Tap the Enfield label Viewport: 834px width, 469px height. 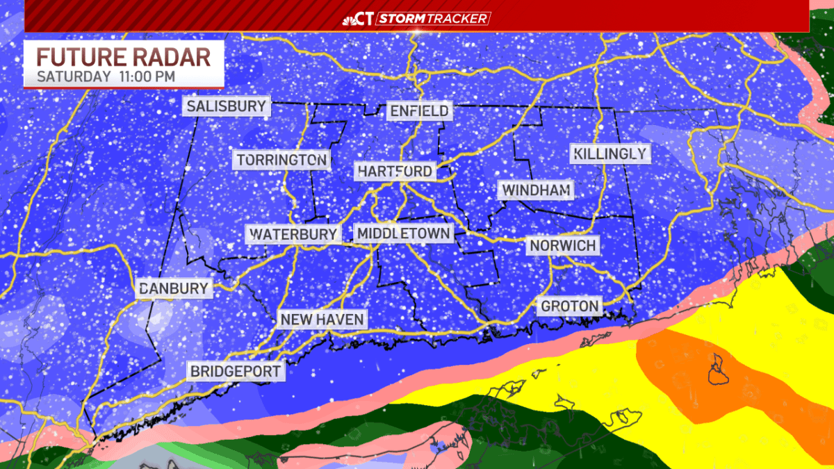[x=419, y=111]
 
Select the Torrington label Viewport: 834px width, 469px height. [x=281, y=161]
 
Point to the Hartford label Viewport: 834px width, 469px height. [x=395, y=171]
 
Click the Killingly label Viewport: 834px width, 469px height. [x=611, y=154]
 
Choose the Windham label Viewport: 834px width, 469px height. [x=537, y=190]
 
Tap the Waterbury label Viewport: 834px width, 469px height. [x=293, y=234]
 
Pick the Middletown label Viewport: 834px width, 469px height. [x=403, y=233]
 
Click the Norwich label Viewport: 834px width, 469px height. [x=563, y=245]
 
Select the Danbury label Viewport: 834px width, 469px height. [x=173, y=288]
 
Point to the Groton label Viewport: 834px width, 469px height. [x=570, y=306]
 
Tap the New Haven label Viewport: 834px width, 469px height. [x=322, y=320]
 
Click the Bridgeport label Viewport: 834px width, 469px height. [x=236, y=371]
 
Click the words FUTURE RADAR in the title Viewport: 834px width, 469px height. [x=123, y=57]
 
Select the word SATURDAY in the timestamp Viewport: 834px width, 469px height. [x=73, y=76]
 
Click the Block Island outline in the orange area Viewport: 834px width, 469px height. [x=717, y=368]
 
